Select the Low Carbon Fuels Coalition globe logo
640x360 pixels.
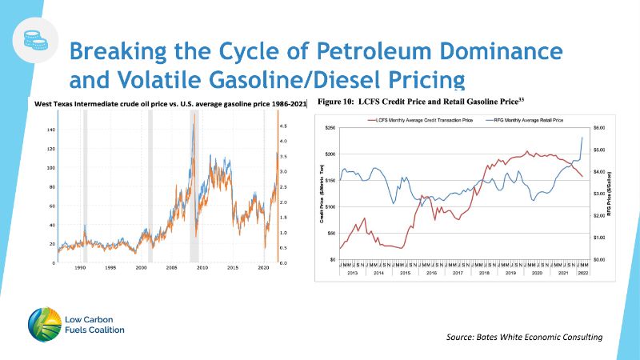click(x=42, y=322)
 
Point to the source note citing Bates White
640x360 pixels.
click(x=525, y=338)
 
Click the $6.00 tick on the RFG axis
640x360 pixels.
click(x=599, y=128)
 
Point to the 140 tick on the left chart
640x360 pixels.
click(x=51, y=130)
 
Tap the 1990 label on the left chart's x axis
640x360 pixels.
click(x=80, y=268)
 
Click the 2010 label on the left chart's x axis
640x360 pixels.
click(x=202, y=268)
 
